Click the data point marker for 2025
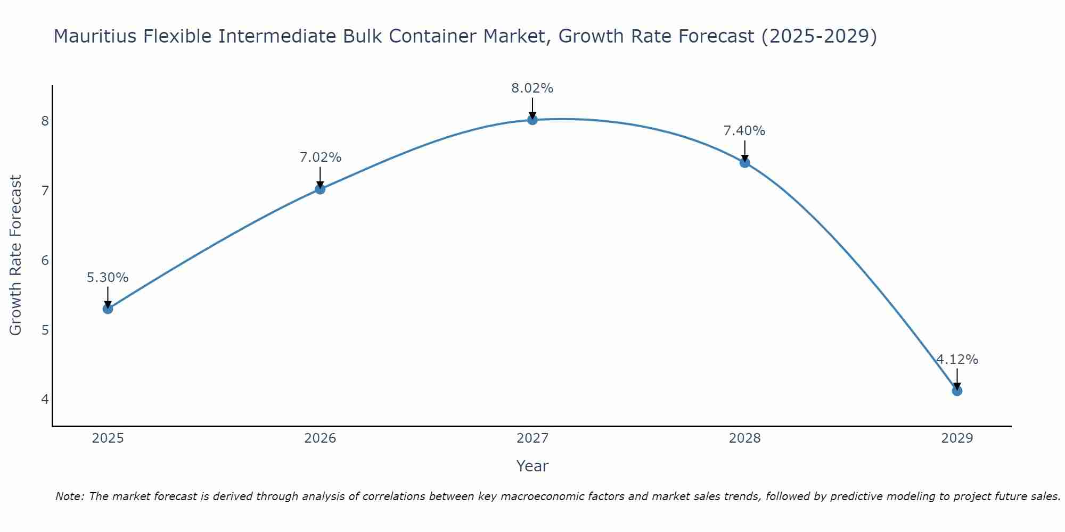(x=108, y=309)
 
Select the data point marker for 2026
(x=320, y=189)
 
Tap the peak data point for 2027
(x=532, y=120)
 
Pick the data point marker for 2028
(x=744, y=162)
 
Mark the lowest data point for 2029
(x=957, y=391)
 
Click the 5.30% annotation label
(x=108, y=278)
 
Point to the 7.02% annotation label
(x=320, y=157)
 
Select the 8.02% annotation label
(x=532, y=88)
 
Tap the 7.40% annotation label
(x=744, y=131)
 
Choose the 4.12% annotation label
(x=957, y=360)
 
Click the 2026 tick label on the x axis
(x=320, y=438)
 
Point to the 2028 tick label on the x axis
(x=744, y=438)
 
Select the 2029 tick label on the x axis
(x=957, y=438)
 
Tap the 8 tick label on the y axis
(x=45, y=121)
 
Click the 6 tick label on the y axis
(x=45, y=260)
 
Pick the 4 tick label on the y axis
(x=45, y=399)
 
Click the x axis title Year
(x=532, y=466)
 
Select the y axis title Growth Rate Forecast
(x=16, y=255)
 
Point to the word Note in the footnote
(x=69, y=496)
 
